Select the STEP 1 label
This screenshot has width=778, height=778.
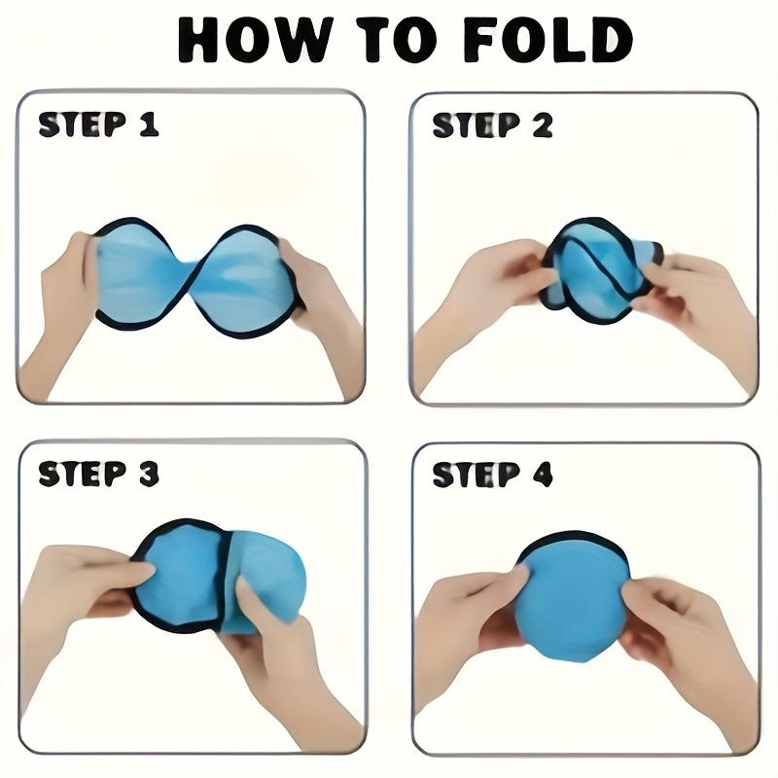[98, 124]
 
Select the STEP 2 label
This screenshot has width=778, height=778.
[492, 124]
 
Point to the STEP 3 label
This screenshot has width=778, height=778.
[98, 474]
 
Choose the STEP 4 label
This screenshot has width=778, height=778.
[492, 474]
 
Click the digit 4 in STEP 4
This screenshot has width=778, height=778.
[542, 474]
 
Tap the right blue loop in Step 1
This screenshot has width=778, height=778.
[246, 282]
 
